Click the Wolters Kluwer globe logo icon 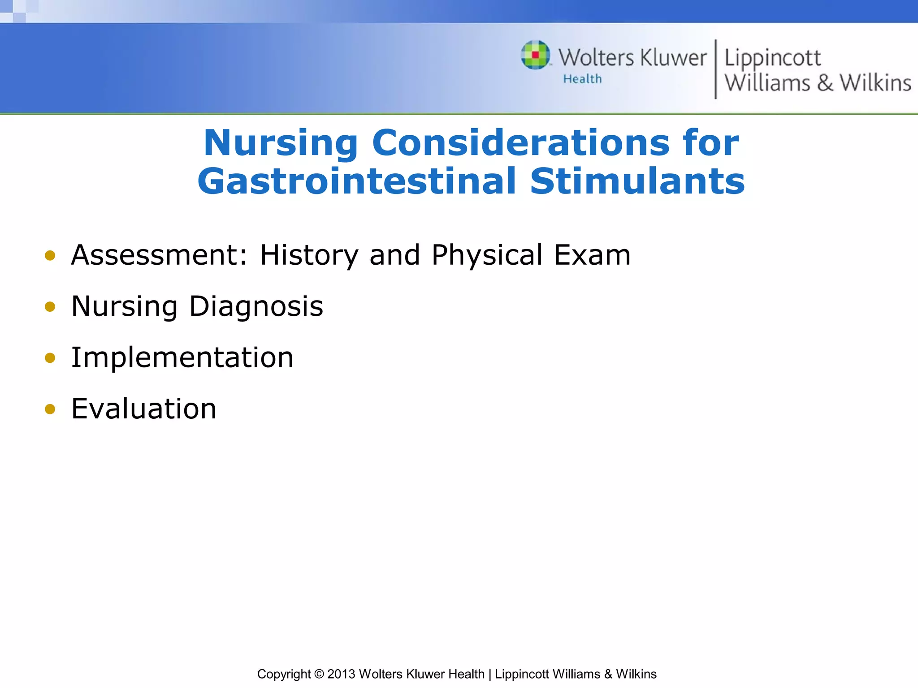(535, 55)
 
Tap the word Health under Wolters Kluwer (582, 79)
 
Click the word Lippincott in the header (772, 58)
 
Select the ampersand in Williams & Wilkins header (825, 83)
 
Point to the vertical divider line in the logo (715, 69)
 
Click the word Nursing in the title (281, 143)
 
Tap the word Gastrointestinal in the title (357, 181)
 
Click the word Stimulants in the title (637, 181)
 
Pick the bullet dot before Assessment (50, 256)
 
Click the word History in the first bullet (309, 255)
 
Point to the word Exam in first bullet (592, 255)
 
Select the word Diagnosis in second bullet (256, 307)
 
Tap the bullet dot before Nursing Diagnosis (50, 307)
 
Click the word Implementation (182, 358)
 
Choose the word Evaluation (143, 409)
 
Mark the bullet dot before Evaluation (50, 409)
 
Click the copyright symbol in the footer (319, 674)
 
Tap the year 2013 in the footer (341, 674)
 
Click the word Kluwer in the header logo (673, 58)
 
